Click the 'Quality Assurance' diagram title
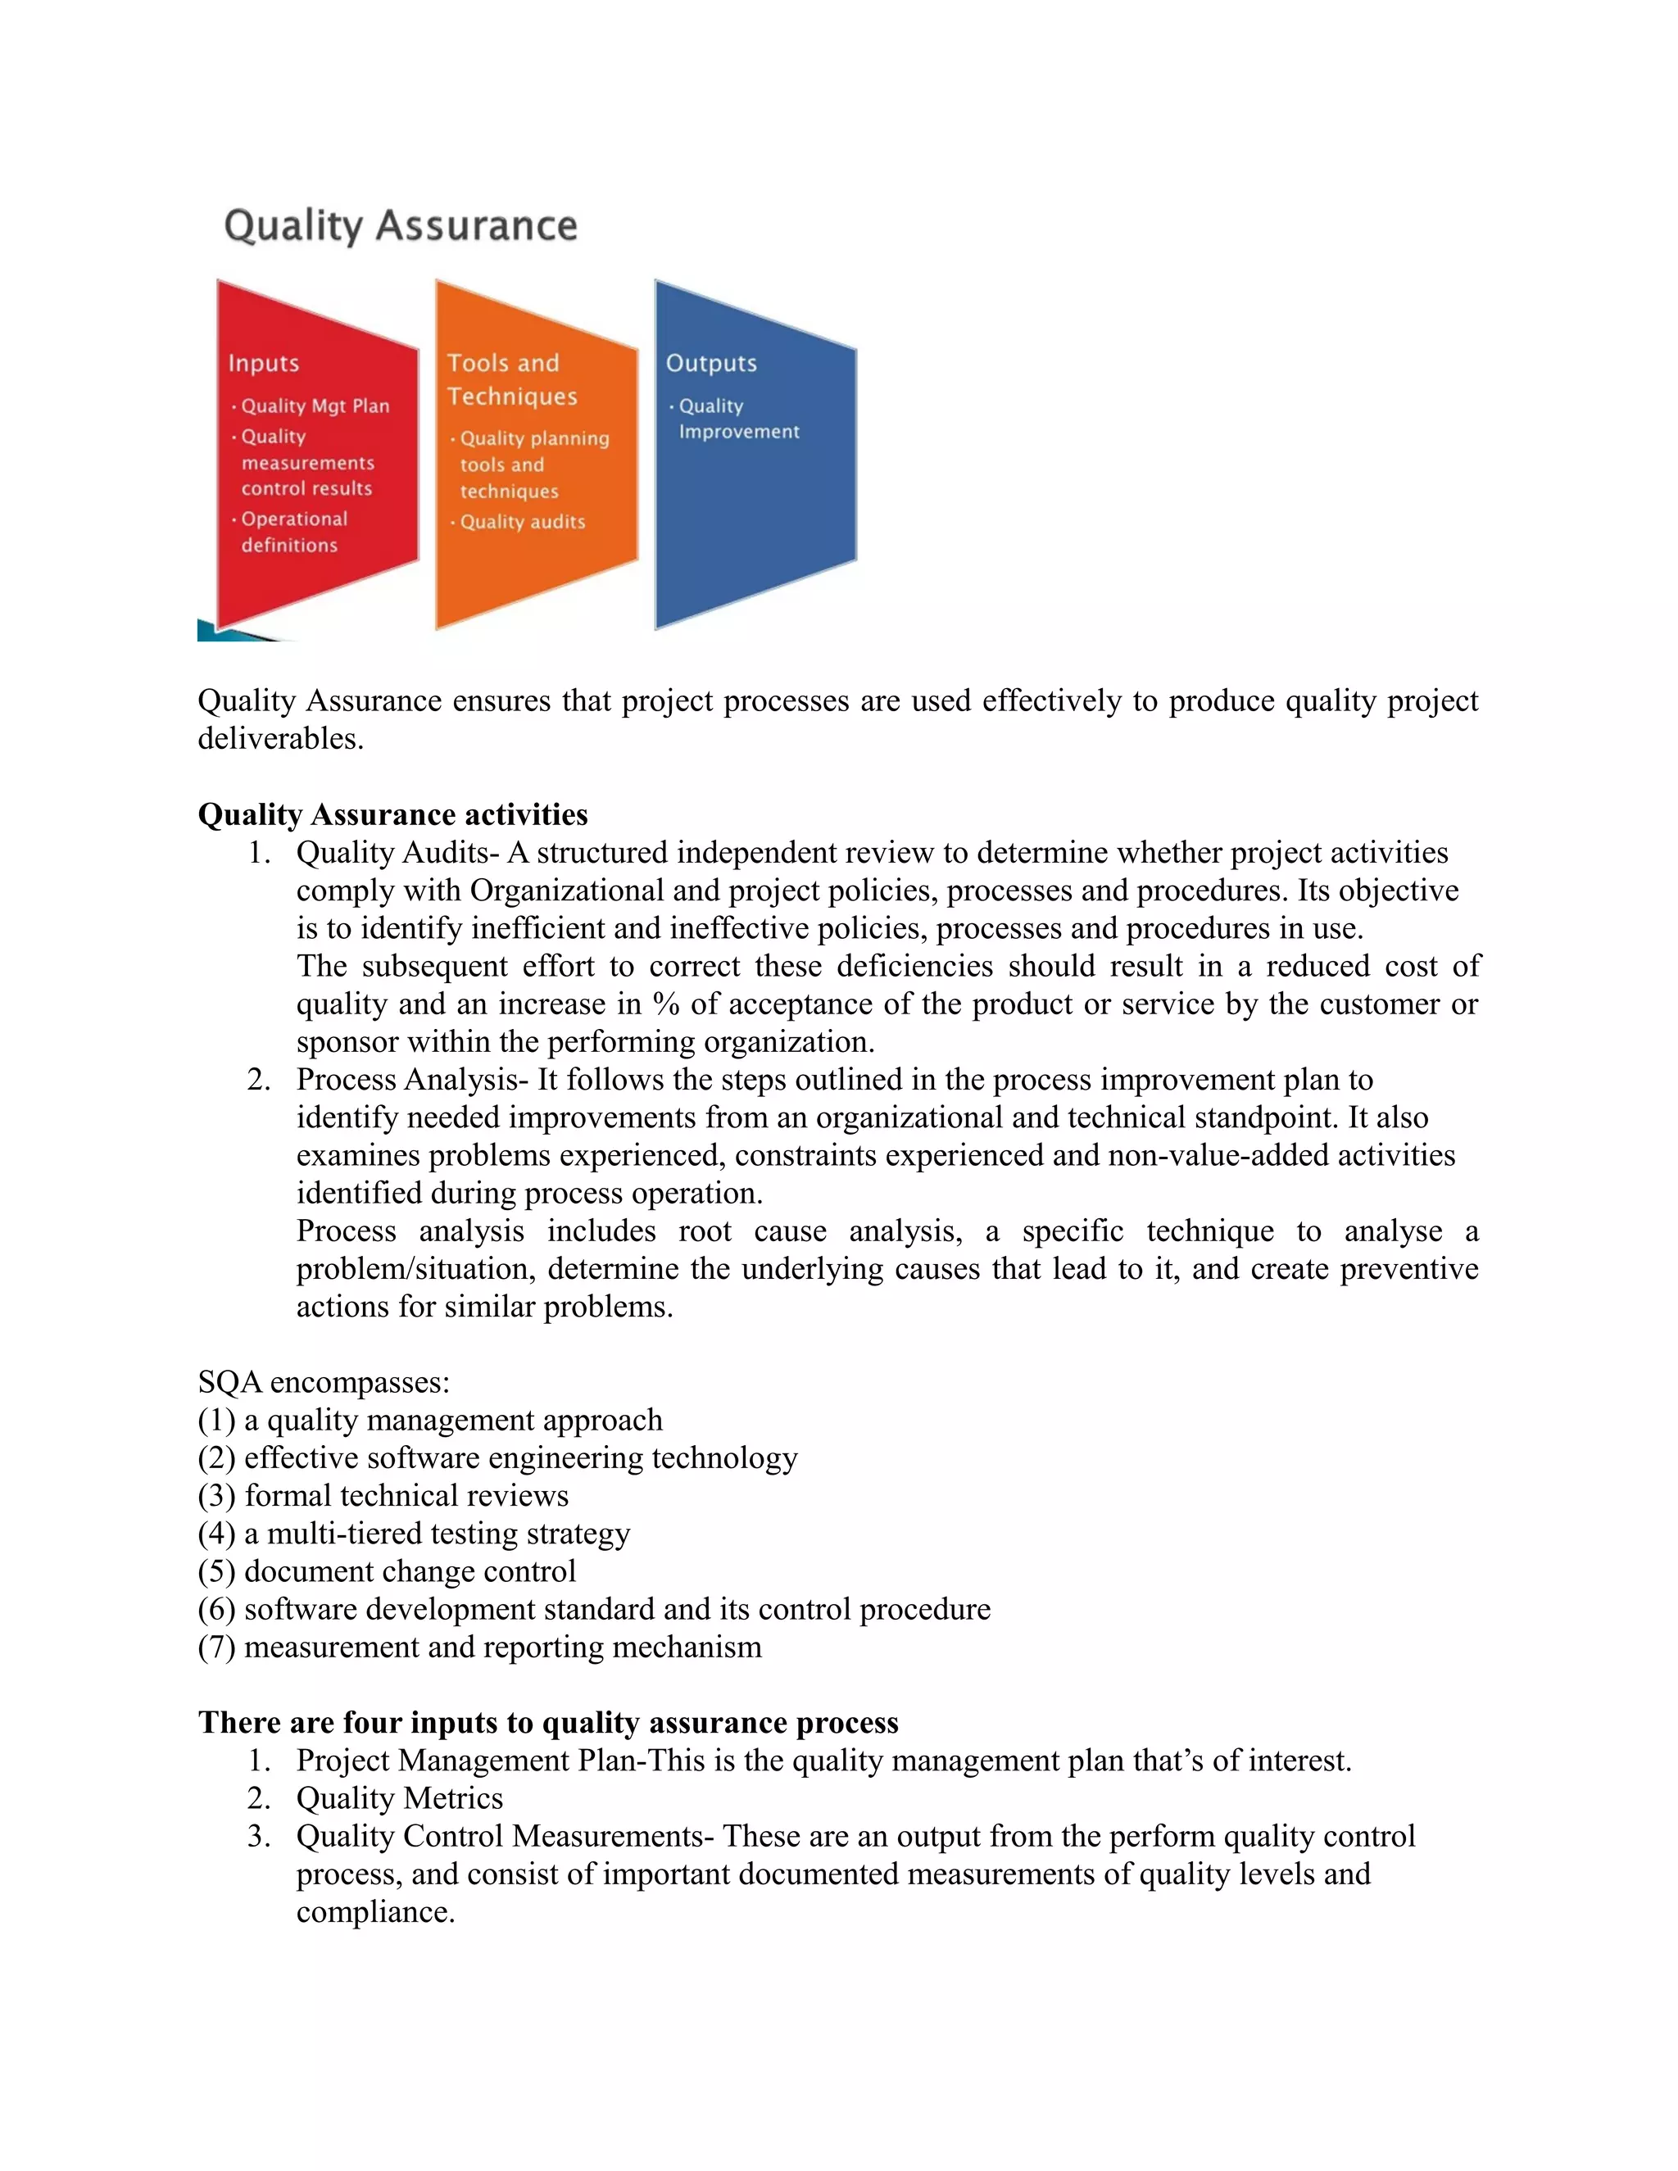click(400, 225)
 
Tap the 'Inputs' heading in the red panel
click(264, 363)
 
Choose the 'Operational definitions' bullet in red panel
click(293, 532)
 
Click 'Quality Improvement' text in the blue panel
click(737, 419)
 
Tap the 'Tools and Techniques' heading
click(511, 380)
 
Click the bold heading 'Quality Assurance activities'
click(392, 814)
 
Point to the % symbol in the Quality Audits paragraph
click(666, 1004)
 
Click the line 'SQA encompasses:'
click(324, 1382)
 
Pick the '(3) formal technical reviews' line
click(383, 1495)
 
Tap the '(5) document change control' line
click(387, 1570)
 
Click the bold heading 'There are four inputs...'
click(548, 1723)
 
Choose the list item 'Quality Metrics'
click(400, 1798)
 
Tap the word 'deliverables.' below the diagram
click(280, 739)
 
